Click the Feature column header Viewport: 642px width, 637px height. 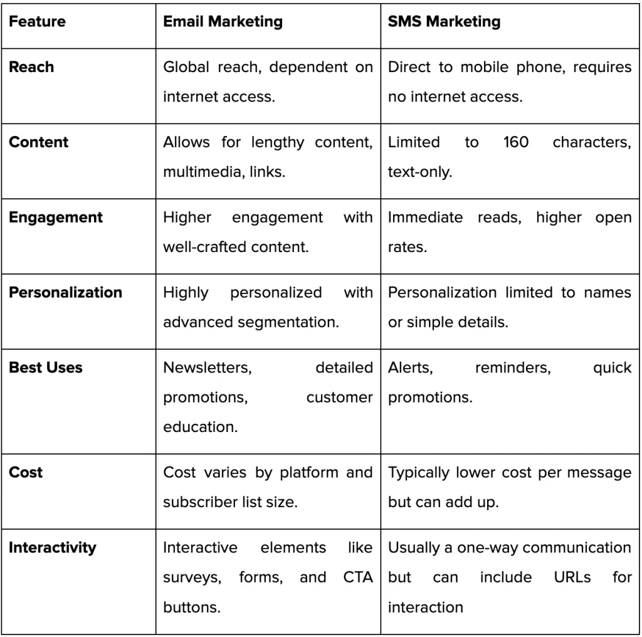37,21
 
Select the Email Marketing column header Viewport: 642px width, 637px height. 223,22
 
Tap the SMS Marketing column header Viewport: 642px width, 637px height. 444,22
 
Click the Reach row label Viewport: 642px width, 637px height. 31,66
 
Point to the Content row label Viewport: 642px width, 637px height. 38,142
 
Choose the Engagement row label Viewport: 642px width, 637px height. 56,218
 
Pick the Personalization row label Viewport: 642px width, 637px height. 65,292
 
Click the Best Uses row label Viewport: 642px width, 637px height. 45,367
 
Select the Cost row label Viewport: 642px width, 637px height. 25,473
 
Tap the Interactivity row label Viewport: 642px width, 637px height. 53,548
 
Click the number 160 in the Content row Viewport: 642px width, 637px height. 516,142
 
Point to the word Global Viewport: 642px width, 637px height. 186,66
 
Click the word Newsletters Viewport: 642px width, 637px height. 208,368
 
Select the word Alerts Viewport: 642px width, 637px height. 410,368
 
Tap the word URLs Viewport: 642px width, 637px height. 572,577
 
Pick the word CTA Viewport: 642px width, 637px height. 358,577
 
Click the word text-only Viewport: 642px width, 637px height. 419,172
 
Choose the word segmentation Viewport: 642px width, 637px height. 288,323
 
